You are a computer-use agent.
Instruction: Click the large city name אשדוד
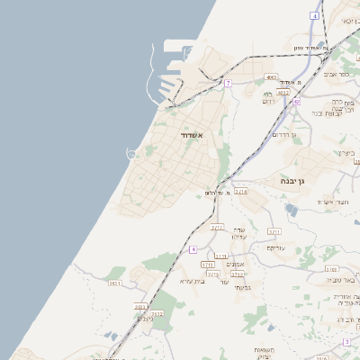click(x=187, y=135)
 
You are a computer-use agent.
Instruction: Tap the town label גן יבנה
click(x=298, y=180)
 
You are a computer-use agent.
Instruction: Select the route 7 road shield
click(x=229, y=83)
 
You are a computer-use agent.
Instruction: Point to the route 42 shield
click(x=296, y=102)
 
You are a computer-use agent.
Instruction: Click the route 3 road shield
click(x=347, y=342)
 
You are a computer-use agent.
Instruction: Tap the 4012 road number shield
click(x=283, y=92)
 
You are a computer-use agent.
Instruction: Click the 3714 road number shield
click(x=241, y=191)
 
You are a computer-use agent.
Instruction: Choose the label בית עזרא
click(x=193, y=281)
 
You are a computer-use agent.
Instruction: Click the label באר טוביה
click(x=345, y=280)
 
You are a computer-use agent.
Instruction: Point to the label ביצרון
click(x=347, y=153)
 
